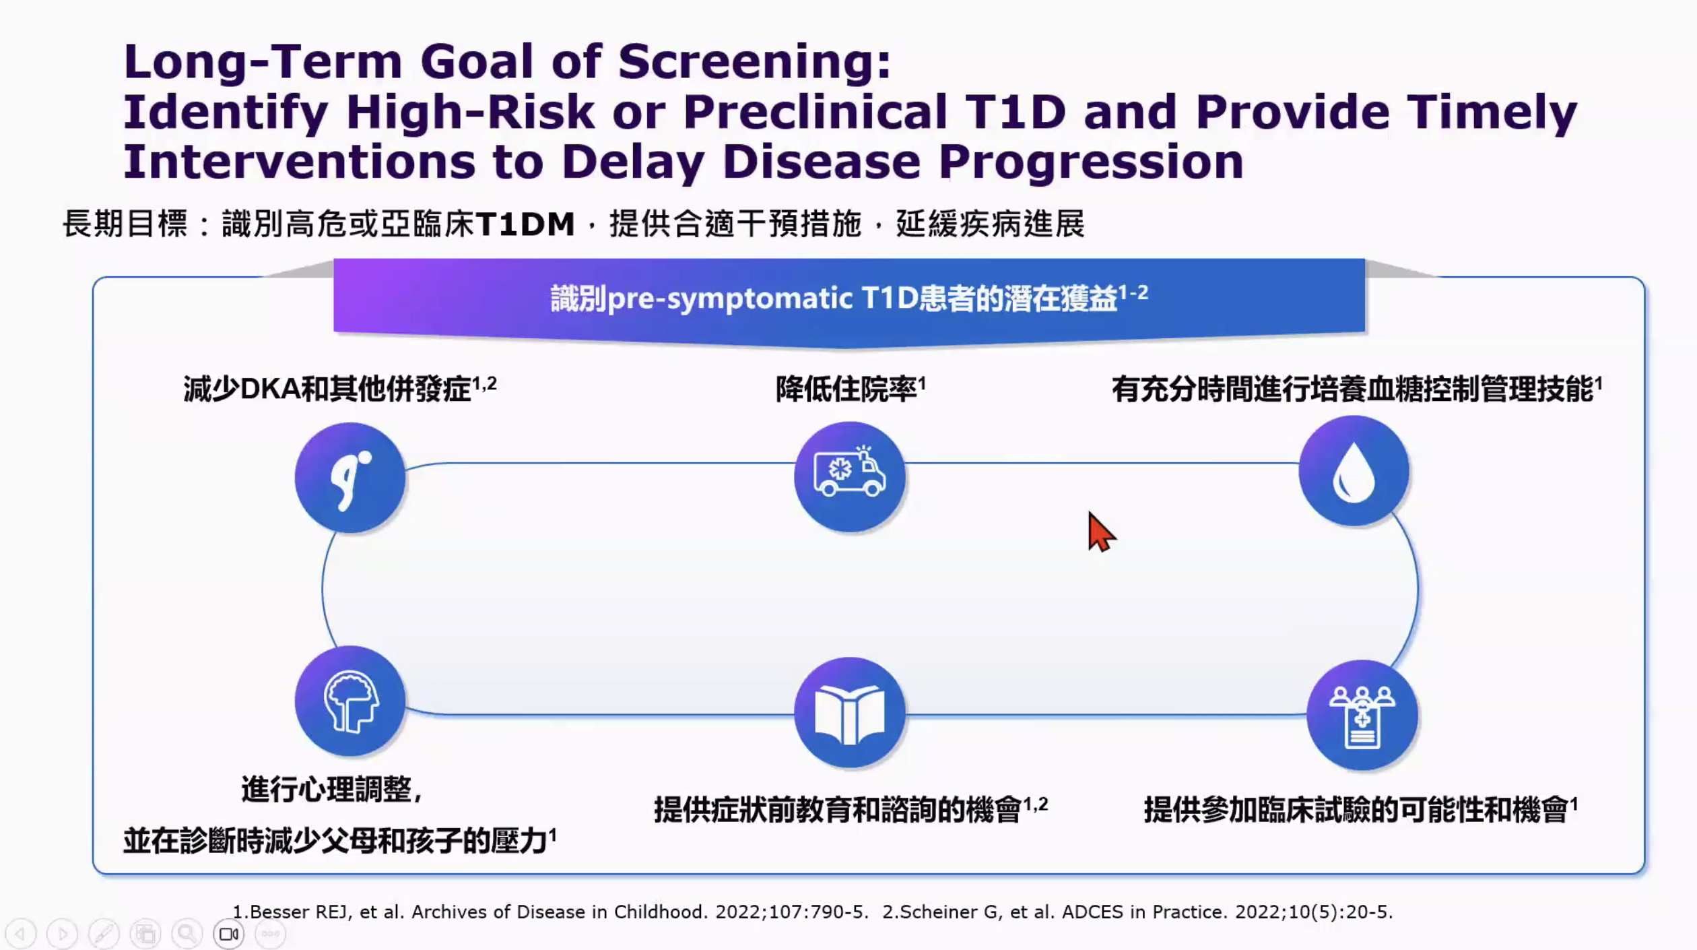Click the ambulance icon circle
tap(850, 477)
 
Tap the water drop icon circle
tap(1354, 471)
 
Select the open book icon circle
tap(850, 713)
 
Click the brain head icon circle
tap(350, 701)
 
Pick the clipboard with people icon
tap(1362, 716)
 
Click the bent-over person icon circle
tap(350, 478)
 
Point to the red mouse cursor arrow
tap(1101, 532)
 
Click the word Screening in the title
tap(754, 62)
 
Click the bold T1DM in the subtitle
tap(525, 224)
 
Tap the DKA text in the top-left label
tap(269, 389)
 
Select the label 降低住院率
tap(846, 389)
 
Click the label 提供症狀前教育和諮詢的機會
tap(838, 809)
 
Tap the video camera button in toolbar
tap(229, 935)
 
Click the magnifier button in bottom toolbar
tap(187, 935)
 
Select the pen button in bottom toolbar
tap(104, 935)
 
